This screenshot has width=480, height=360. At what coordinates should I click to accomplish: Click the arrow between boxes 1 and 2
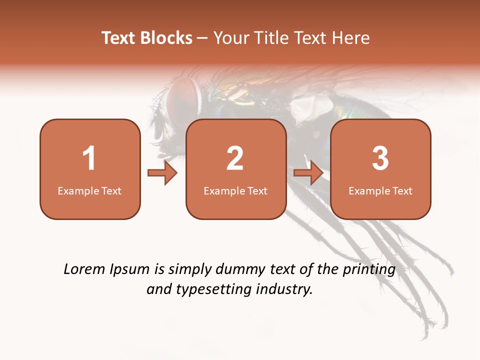(162, 173)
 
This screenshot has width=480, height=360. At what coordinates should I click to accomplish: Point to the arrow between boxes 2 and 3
(308, 173)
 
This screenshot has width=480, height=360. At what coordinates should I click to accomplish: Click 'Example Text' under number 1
(89, 190)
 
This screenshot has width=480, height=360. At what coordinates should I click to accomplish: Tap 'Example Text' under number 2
(235, 190)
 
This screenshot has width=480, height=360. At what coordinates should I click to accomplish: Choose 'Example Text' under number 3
(380, 190)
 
